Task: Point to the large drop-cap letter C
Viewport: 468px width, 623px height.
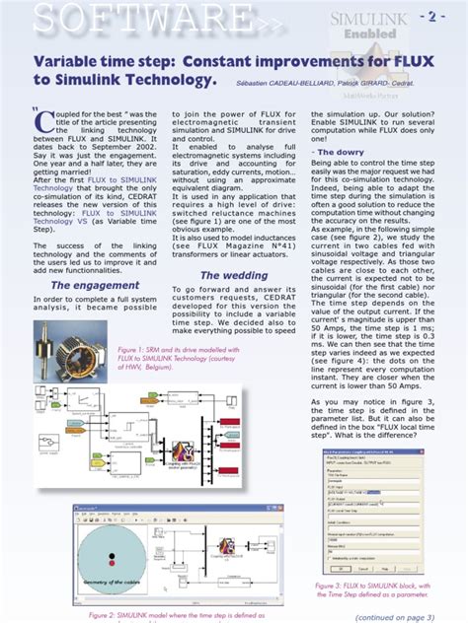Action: point(42,122)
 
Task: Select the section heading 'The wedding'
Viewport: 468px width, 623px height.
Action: point(235,275)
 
